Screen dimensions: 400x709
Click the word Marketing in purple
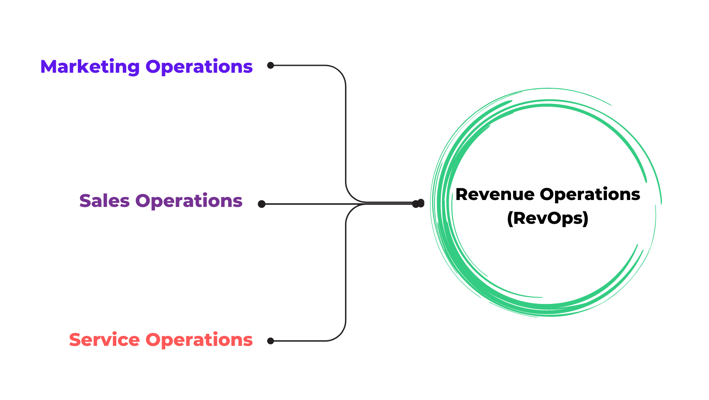point(90,67)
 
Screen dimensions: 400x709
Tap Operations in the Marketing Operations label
point(199,67)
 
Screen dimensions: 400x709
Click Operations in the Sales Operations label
point(189,201)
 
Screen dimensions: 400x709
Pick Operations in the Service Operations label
point(199,340)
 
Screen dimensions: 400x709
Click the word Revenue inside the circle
point(495,194)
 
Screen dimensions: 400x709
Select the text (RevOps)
point(548,218)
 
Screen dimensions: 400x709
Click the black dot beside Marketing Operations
point(271,65)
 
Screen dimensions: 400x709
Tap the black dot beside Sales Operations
point(262,204)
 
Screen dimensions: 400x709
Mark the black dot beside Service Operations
point(271,341)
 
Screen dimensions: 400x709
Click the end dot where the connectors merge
point(418,203)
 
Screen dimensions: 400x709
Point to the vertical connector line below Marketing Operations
point(346,130)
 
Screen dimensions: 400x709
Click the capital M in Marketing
point(48,67)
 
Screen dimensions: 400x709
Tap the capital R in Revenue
point(461,194)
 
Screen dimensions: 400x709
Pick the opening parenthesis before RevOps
point(510,218)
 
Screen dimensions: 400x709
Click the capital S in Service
point(75,340)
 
